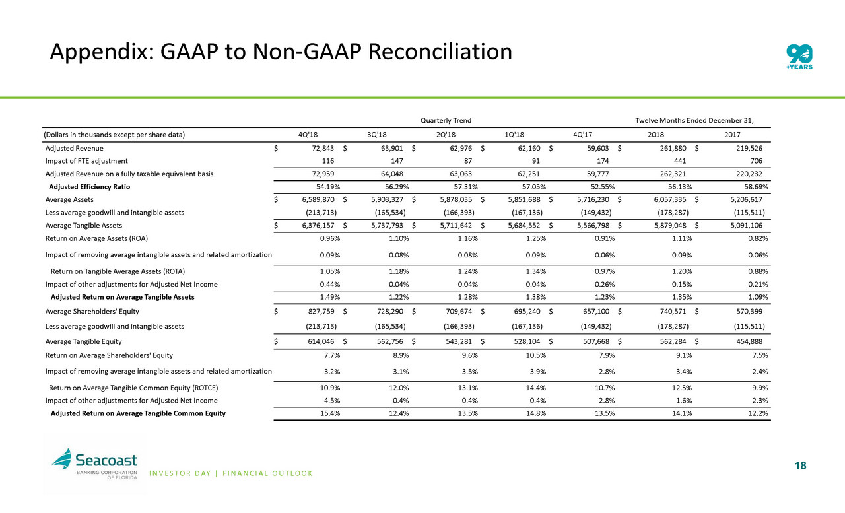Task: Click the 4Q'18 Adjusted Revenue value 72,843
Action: pos(321,148)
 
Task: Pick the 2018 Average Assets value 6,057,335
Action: pos(666,199)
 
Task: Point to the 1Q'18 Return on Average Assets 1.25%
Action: pos(527,238)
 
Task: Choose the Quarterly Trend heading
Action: pos(446,120)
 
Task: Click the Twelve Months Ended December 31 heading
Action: pos(694,120)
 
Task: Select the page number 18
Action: pos(800,466)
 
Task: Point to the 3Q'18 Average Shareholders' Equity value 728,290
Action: pos(386,311)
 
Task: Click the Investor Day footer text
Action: pos(231,473)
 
